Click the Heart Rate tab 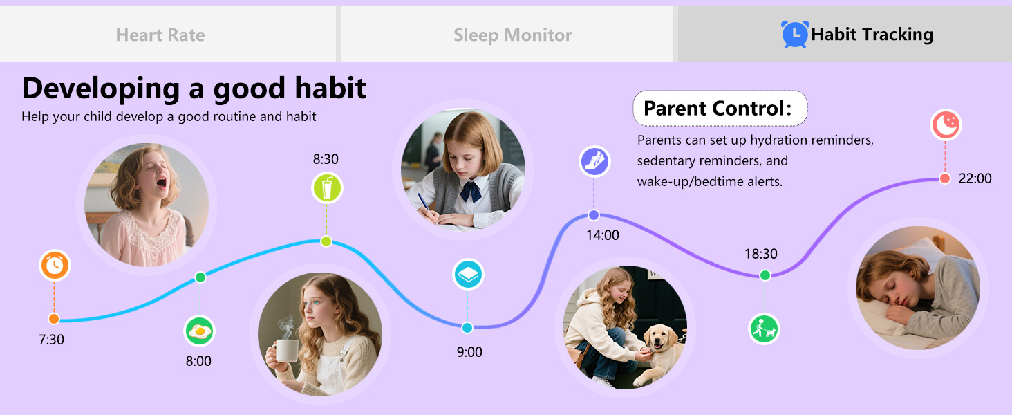160,35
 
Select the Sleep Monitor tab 512,35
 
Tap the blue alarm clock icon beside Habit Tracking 794,34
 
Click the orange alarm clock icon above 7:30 55,266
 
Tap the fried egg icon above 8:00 200,331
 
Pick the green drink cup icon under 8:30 327,188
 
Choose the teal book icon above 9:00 468,275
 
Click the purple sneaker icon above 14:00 594,161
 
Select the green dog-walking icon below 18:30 764,329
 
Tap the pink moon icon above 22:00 945,124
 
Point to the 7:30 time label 51,340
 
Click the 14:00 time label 603,235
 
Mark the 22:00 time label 975,178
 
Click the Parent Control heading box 720,109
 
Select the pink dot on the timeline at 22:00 945,178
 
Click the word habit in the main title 328,89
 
